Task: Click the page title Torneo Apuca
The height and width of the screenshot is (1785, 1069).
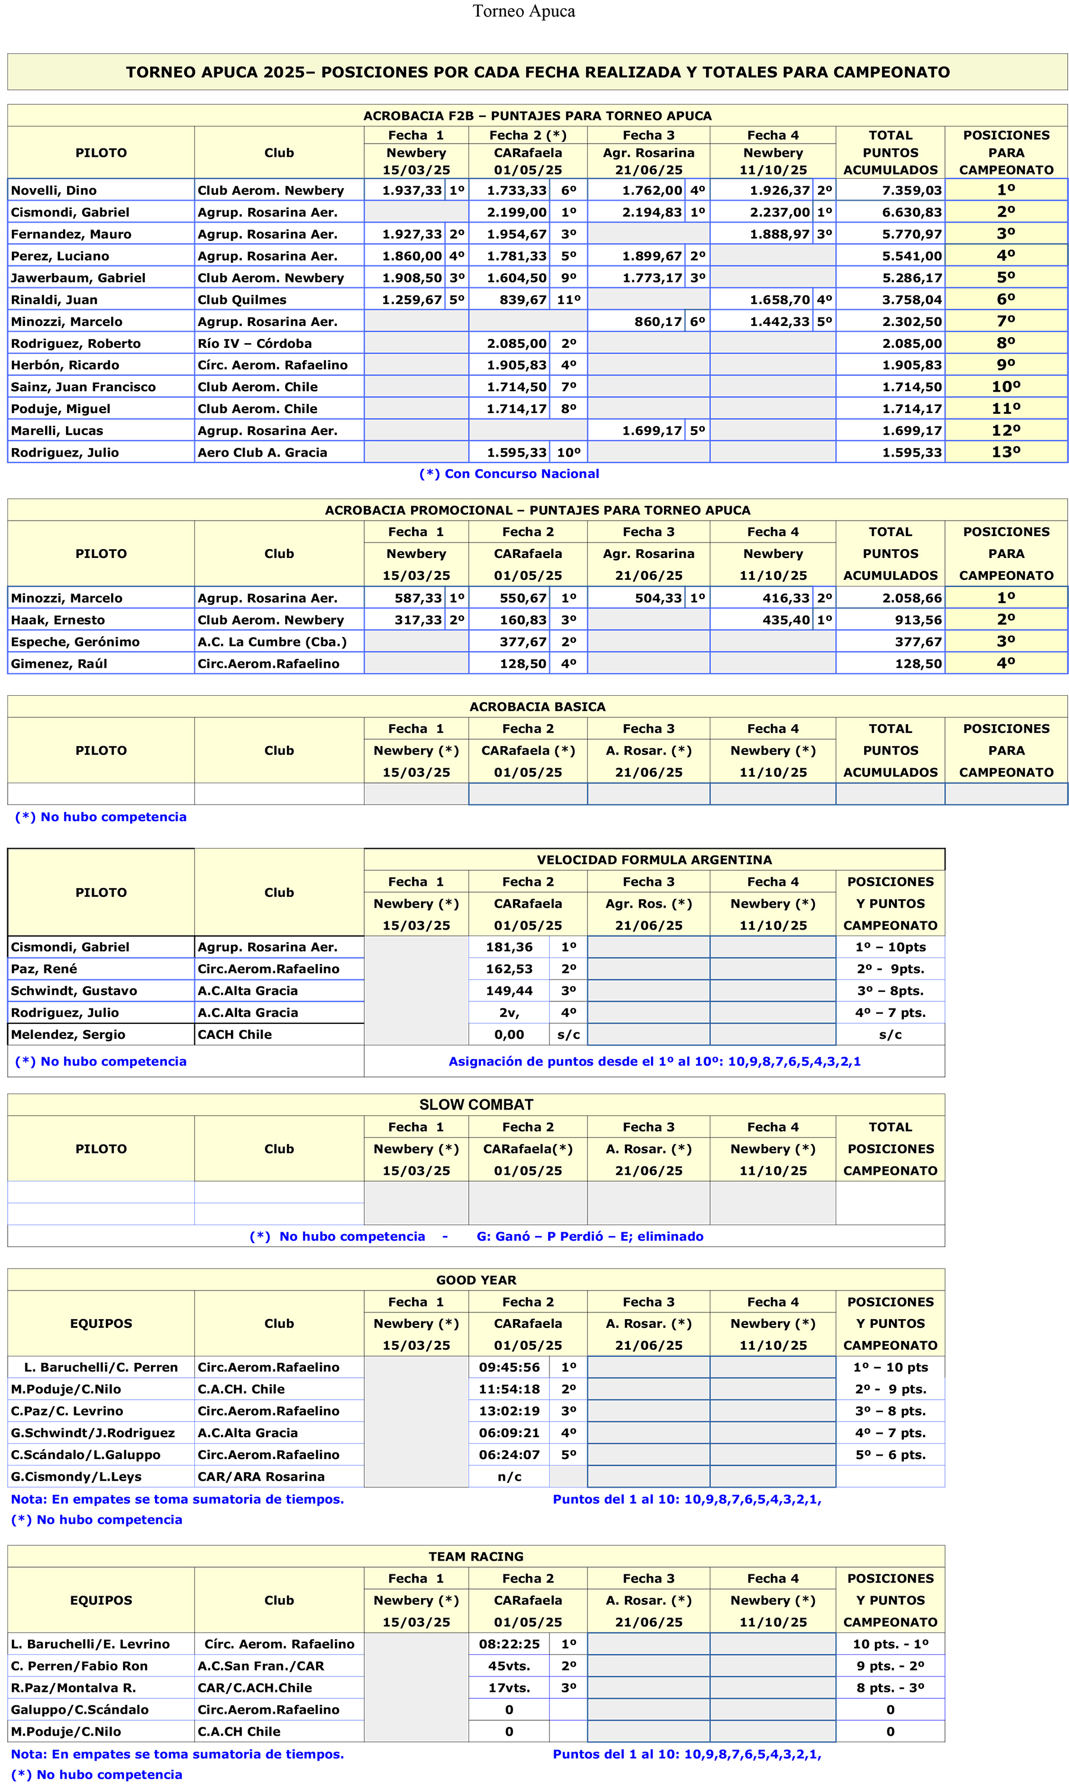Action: [524, 11]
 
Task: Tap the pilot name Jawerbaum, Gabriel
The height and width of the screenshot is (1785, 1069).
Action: [78, 278]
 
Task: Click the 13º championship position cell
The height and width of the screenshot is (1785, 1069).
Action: [1005, 452]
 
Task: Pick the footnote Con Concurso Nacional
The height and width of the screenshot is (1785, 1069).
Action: [510, 474]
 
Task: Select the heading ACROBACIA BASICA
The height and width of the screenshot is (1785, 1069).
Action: [537, 706]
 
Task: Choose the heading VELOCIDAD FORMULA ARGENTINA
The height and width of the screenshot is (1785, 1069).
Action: [654, 860]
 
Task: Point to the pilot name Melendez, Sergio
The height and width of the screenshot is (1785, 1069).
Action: [68, 1034]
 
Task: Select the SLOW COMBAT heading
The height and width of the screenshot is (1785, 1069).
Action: [476, 1105]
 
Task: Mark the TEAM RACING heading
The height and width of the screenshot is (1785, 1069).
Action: [476, 1556]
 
